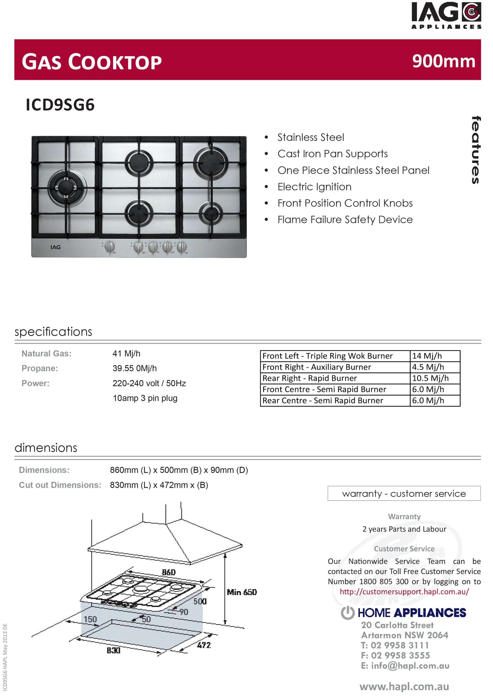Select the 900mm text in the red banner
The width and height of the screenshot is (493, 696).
[x=443, y=61]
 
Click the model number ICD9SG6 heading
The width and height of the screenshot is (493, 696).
[x=60, y=105]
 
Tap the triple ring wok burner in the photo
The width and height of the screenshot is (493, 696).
[x=67, y=188]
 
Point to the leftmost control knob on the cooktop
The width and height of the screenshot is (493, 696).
[x=109, y=246]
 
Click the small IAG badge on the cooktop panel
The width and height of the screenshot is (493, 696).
[x=56, y=247]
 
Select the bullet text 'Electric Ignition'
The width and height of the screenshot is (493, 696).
[x=314, y=187]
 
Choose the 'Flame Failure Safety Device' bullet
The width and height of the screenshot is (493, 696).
[x=345, y=220]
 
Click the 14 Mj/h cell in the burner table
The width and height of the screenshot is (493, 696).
[x=427, y=356]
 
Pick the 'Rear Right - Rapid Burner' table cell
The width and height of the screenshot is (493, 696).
[x=309, y=378]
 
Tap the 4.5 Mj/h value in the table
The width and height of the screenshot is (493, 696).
[x=428, y=367]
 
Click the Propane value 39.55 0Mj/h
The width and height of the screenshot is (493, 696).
[x=134, y=368]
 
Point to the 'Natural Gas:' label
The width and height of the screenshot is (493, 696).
[x=46, y=354]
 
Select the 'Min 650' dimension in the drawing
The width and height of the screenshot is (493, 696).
[x=242, y=592]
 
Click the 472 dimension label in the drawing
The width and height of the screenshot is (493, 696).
[x=204, y=645]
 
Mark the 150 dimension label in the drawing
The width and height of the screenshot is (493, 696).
[x=90, y=619]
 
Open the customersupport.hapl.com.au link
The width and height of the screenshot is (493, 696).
[x=404, y=592]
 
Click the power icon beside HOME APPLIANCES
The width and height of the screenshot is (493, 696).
[x=348, y=613]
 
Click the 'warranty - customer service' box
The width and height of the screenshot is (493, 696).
[x=404, y=494]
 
